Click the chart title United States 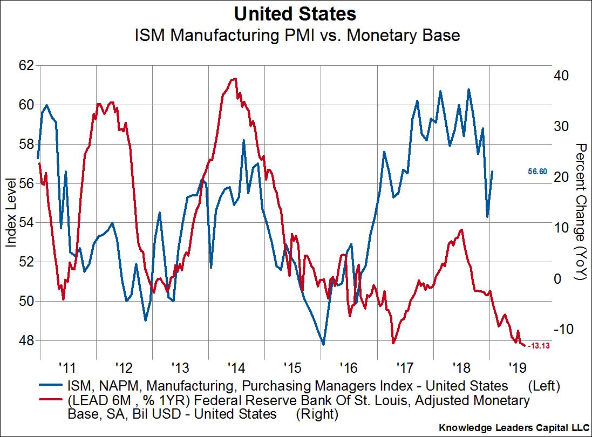[x=296, y=13]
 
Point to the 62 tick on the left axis [x=26, y=65]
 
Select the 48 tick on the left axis [x=26, y=340]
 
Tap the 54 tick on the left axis [x=26, y=223]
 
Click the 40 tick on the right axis [x=562, y=75]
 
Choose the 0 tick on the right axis [x=558, y=278]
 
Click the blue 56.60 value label [x=537, y=172]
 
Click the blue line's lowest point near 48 [x=323, y=344]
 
